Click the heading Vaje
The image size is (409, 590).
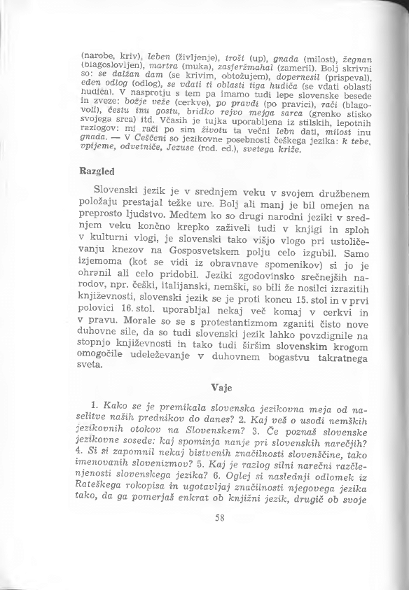(222, 386)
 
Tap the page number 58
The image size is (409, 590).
(221, 537)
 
